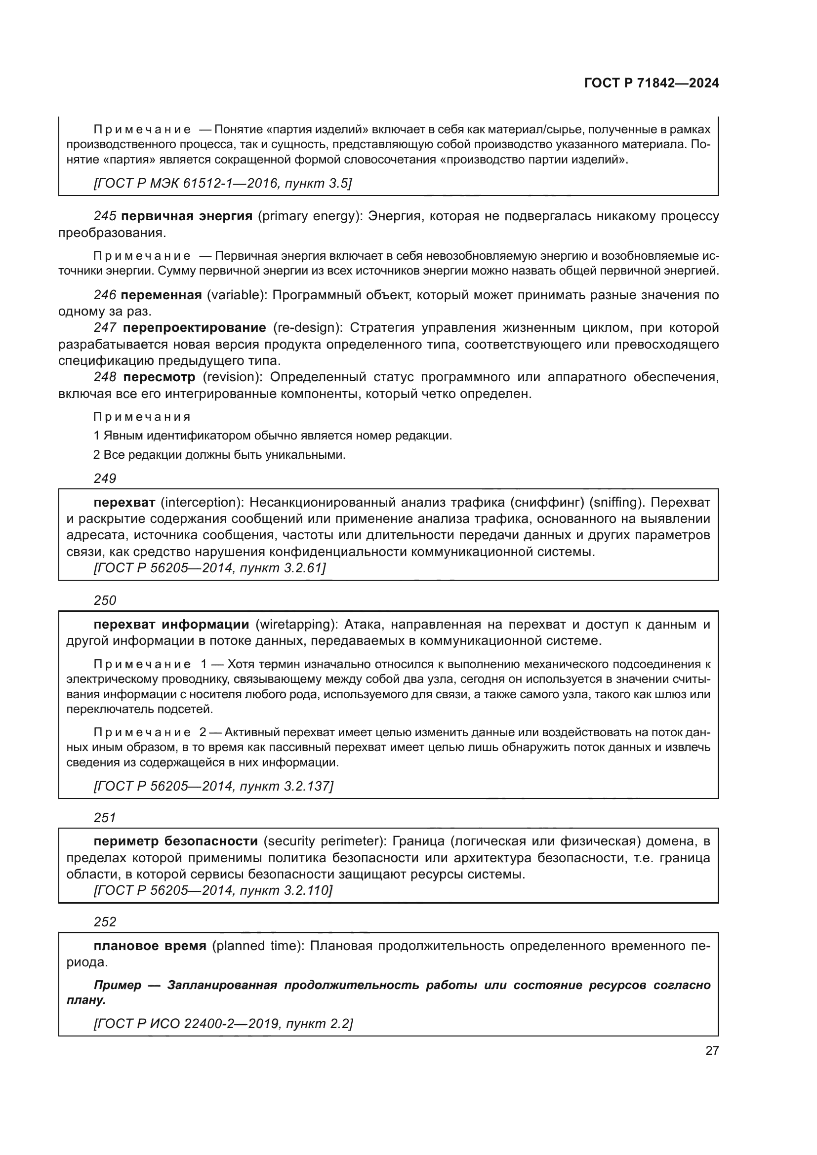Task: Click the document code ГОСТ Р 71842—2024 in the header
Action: click(651, 83)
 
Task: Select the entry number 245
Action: click(105, 216)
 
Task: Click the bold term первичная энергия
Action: click(187, 216)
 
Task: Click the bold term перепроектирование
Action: click(194, 328)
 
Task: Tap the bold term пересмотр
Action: click(159, 377)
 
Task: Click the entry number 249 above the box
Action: click(105, 478)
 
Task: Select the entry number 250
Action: click(105, 600)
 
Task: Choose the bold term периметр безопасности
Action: click(175, 841)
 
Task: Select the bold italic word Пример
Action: click(118, 985)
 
